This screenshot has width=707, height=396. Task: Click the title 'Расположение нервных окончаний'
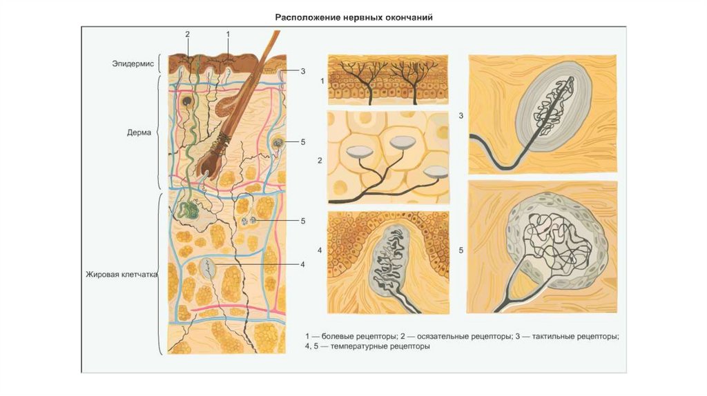click(x=354, y=17)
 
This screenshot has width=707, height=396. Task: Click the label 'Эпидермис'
click(x=133, y=63)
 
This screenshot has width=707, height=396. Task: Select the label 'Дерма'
click(x=141, y=131)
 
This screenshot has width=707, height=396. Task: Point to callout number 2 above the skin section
click(x=187, y=33)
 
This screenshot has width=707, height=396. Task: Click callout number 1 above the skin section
click(x=228, y=33)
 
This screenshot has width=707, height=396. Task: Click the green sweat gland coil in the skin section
click(x=187, y=209)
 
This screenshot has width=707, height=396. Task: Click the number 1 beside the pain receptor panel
click(x=321, y=81)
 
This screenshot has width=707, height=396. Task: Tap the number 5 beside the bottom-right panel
click(x=461, y=250)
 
